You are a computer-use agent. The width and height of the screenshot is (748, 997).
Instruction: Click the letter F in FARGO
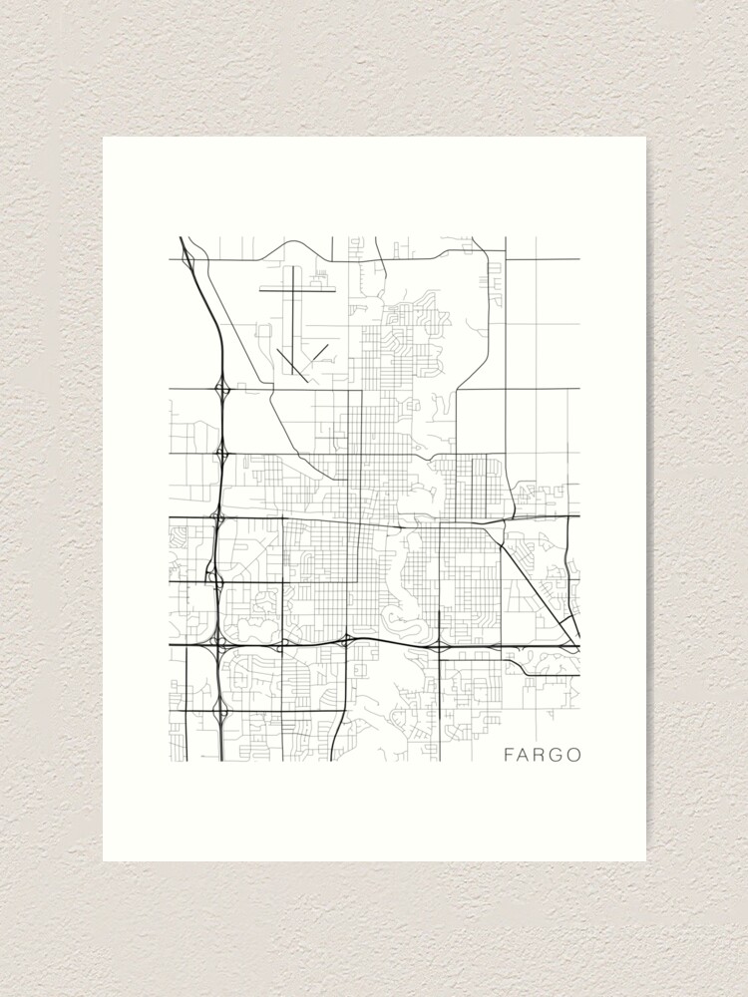tap(510, 755)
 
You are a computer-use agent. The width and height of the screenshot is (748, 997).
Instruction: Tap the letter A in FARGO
tap(527, 755)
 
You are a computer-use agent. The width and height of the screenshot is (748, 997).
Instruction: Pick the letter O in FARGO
tap(574, 755)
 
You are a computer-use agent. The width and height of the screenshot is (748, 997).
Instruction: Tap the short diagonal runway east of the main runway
tap(319, 352)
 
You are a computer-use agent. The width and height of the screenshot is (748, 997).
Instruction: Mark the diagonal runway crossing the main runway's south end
tap(289, 360)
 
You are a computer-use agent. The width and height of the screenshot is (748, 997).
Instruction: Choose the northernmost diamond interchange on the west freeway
tap(221, 387)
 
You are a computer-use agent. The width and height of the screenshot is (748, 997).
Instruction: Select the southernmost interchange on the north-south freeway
tap(220, 710)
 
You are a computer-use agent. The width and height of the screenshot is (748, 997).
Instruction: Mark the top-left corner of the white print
tap(104, 138)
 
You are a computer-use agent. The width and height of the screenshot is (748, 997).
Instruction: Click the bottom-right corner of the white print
tap(645, 860)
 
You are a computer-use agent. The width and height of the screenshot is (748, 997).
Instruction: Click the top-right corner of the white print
tap(645, 138)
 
